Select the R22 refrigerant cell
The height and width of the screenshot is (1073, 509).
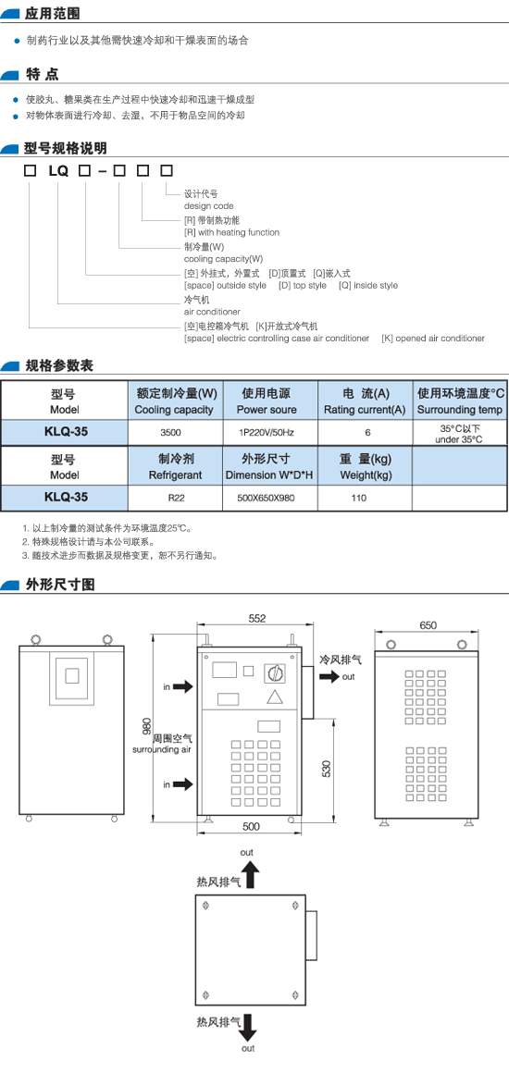(176, 499)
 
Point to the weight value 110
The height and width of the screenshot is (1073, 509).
(358, 499)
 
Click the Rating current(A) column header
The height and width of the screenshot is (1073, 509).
(366, 410)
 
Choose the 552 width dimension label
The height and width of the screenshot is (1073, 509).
(256, 618)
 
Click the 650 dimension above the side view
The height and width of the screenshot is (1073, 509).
(428, 624)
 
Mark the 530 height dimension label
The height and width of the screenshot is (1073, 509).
(327, 768)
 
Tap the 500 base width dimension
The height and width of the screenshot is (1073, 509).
(252, 827)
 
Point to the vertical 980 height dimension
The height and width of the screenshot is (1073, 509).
(146, 725)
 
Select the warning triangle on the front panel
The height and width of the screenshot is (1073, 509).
(275, 698)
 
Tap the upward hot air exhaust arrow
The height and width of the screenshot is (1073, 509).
(251, 875)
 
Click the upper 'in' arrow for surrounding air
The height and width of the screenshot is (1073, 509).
(182, 686)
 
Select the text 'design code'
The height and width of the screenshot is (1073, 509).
(208, 206)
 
